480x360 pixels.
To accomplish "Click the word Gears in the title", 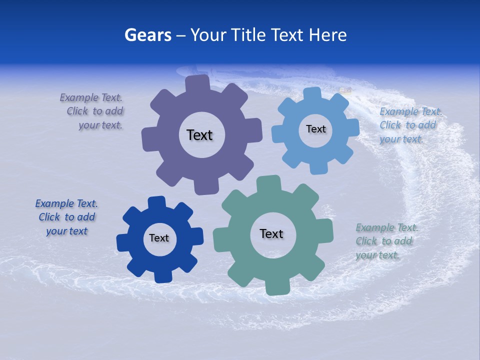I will tap(148, 35).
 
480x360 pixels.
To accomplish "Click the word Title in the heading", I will tap(250, 35).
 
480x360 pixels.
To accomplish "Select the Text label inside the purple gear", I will tap(199, 135).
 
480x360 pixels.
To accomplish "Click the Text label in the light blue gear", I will tap(315, 129).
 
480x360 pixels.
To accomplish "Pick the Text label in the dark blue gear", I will tap(159, 238).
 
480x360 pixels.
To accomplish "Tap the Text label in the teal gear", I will tap(271, 234).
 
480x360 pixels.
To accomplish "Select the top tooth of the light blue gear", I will tap(312, 93).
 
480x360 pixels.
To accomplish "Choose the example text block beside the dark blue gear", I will tap(66, 217).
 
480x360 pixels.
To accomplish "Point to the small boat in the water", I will tap(345, 90).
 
